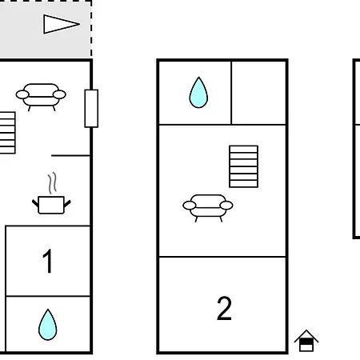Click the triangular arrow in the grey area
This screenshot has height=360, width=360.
62,24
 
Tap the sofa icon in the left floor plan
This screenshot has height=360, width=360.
41,97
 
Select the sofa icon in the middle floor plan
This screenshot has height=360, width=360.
208,208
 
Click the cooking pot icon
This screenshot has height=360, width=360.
51,205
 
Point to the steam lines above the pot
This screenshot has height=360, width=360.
53,182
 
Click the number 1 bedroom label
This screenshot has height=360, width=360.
47,261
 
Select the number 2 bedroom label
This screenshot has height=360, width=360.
224,308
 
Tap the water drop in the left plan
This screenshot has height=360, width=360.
48,325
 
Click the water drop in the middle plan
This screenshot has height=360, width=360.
198,92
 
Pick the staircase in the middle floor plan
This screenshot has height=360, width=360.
243,166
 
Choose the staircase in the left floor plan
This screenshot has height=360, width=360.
7,133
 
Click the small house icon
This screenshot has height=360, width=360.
306,341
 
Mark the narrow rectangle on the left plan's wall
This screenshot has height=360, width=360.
91,109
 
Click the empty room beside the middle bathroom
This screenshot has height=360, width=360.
258,93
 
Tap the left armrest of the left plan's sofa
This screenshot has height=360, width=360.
22,94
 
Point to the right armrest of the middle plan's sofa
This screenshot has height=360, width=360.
226,206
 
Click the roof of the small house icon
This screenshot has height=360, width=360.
306,335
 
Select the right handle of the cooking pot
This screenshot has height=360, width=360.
67,203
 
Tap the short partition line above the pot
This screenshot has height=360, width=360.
70,155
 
